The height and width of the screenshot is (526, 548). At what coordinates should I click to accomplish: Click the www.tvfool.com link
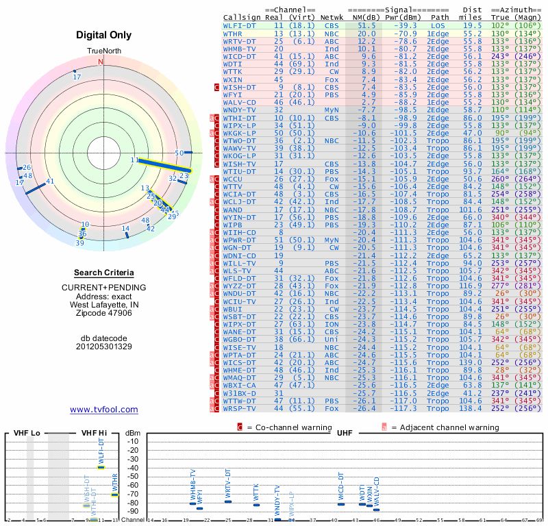click(103, 410)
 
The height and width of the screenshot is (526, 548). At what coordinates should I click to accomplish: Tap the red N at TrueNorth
click(101, 62)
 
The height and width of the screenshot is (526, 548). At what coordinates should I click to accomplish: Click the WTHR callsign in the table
click(233, 33)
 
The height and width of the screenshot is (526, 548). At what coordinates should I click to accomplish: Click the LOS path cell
click(438, 25)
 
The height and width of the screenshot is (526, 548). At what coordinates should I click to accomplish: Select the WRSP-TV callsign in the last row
click(240, 409)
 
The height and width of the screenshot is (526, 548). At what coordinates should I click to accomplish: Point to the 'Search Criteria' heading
click(103, 273)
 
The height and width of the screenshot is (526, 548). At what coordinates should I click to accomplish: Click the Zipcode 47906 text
click(103, 313)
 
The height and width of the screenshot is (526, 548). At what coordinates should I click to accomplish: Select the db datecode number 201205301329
click(103, 347)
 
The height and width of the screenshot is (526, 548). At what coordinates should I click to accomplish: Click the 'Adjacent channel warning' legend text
click(445, 427)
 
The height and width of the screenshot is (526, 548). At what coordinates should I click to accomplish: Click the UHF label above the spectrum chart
click(344, 434)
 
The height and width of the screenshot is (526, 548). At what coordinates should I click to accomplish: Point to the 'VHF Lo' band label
click(27, 434)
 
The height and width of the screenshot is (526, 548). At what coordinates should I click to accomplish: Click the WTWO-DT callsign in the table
click(240, 140)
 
